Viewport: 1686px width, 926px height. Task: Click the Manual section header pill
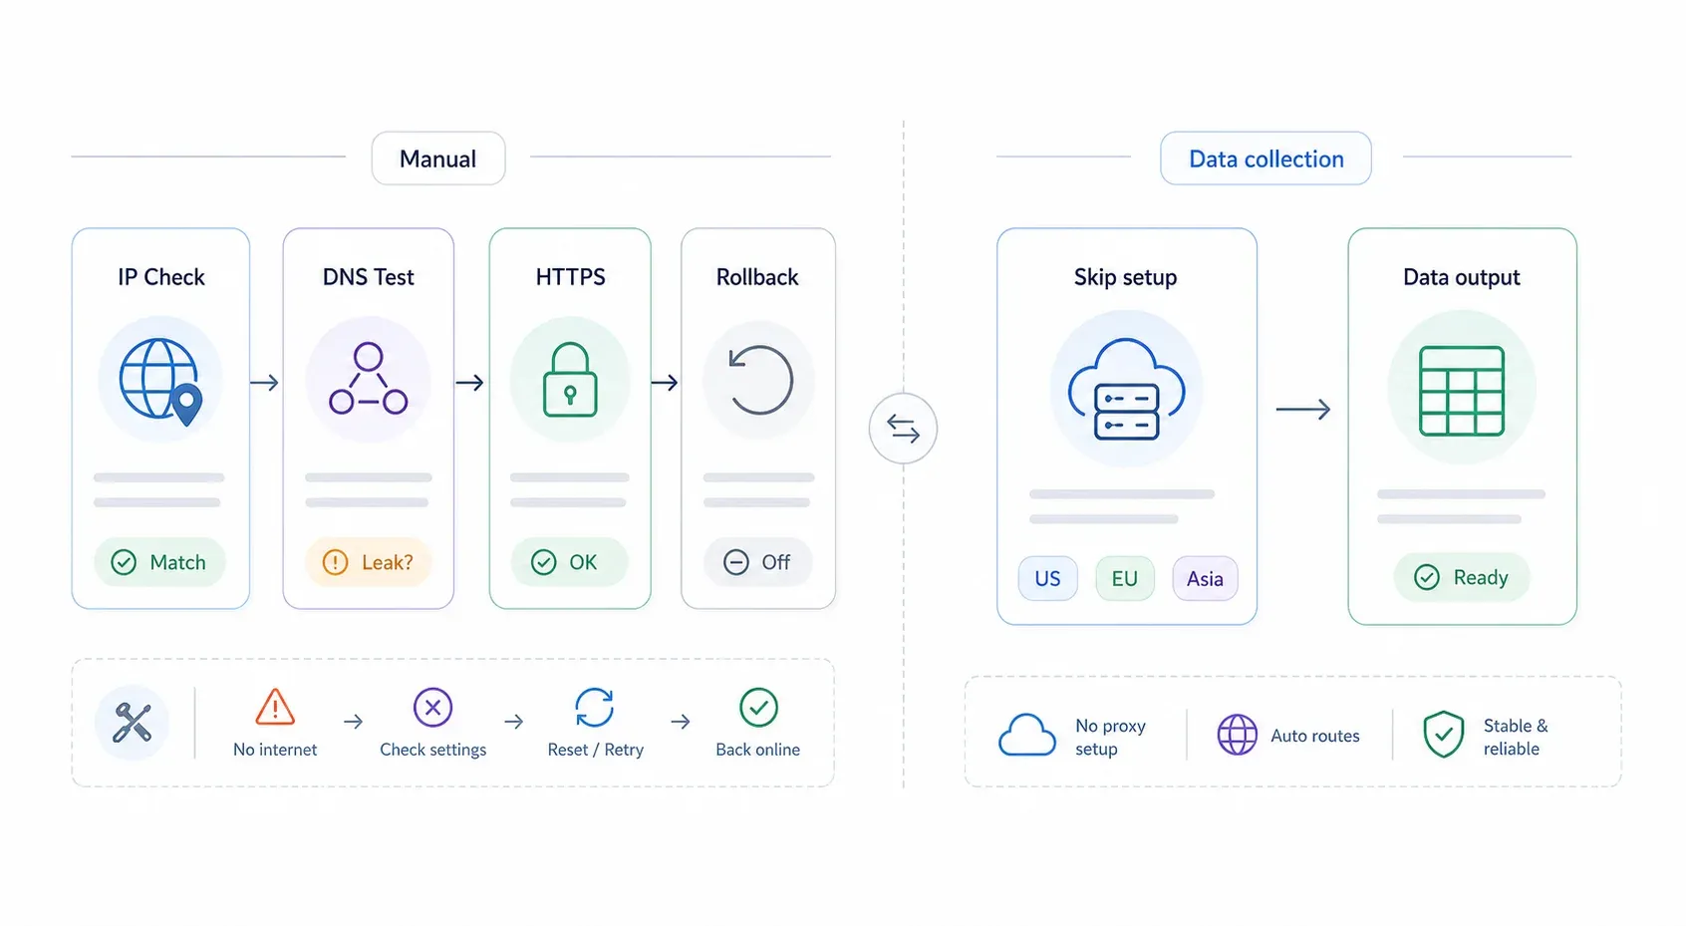click(438, 158)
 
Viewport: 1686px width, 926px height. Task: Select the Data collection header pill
click(1265, 158)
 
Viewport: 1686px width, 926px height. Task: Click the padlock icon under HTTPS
click(570, 380)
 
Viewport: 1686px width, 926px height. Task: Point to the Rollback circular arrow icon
click(760, 380)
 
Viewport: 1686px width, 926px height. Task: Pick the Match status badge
click(159, 561)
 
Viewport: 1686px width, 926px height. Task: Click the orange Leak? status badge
click(368, 561)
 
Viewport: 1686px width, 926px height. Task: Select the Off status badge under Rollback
click(758, 561)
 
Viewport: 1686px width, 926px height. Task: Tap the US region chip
click(1047, 578)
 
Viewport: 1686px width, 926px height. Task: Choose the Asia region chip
click(1205, 578)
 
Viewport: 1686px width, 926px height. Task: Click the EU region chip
click(1125, 578)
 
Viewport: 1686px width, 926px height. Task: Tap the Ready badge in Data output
click(1462, 577)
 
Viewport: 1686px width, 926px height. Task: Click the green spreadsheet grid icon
click(1462, 391)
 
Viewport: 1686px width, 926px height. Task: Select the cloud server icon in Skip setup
click(1127, 389)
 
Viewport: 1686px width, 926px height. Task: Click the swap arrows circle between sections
click(903, 429)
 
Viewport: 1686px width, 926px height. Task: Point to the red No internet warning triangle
click(275, 707)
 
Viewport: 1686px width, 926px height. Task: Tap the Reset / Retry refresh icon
click(595, 707)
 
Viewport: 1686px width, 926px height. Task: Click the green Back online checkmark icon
click(758, 707)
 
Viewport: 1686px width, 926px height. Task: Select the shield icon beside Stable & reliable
click(1444, 734)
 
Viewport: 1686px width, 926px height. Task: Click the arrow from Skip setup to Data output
click(1303, 409)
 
